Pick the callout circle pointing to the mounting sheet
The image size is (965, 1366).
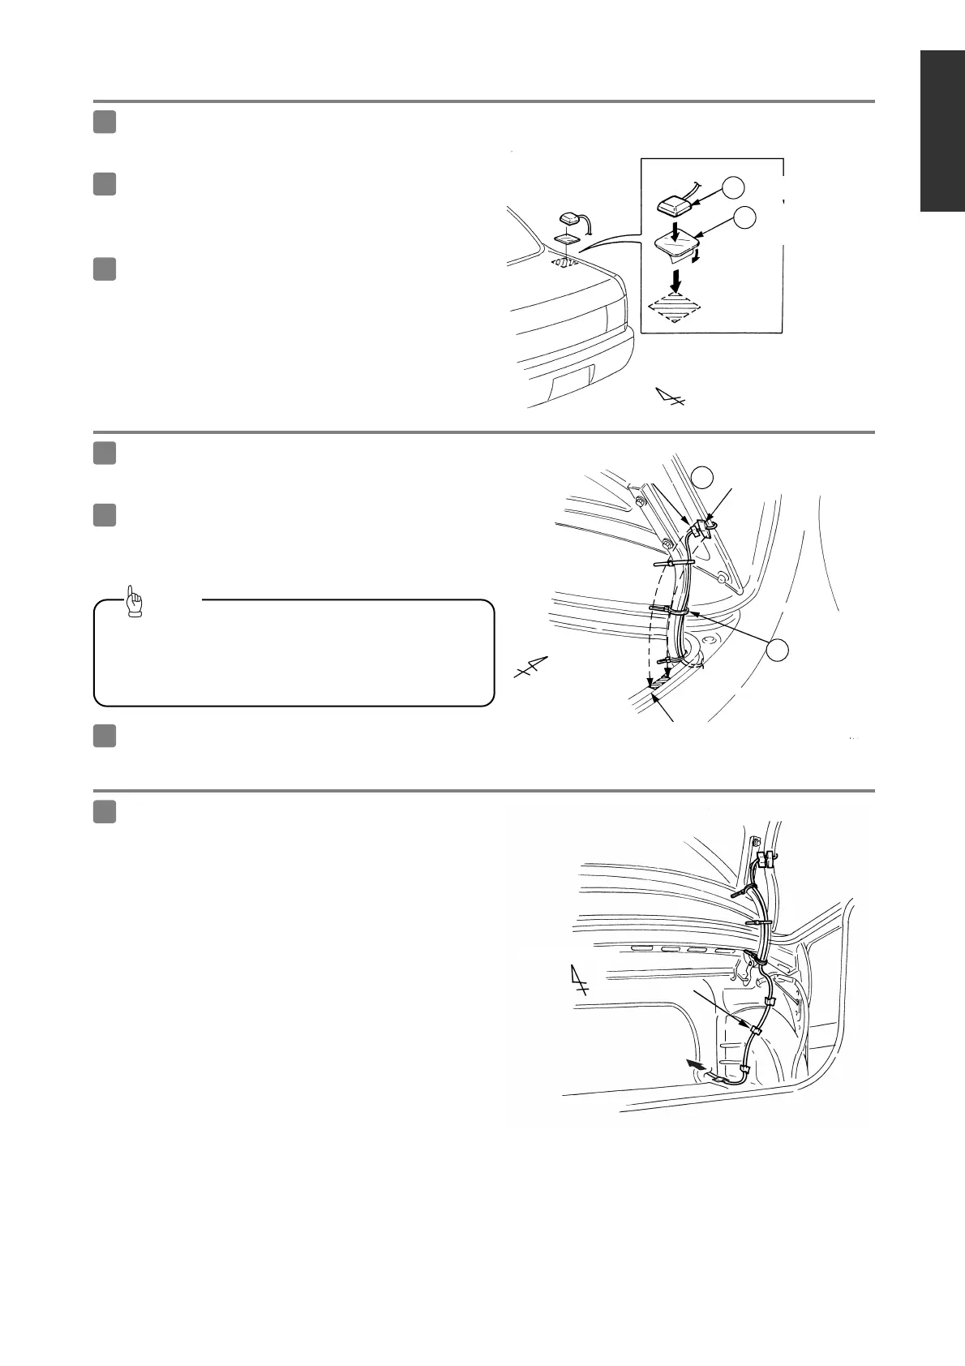[x=745, y=217]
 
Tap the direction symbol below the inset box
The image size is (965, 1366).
[x=670, y=397]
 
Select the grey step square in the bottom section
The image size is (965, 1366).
[x=104, y=811]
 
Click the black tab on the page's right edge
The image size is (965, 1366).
[x=942, y=132]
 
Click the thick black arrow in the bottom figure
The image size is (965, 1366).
[x=694, y=1063]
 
